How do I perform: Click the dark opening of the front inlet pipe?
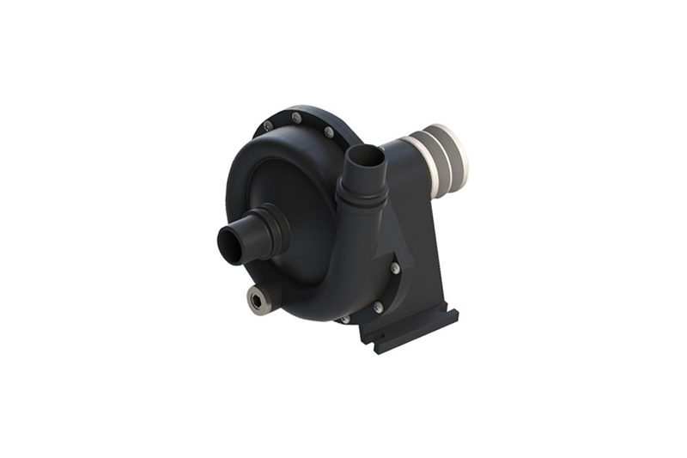point(228,244)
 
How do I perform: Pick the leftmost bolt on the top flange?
point(268,126)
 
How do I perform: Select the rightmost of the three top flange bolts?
point(328,132)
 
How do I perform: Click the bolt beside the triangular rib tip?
point(394,268)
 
